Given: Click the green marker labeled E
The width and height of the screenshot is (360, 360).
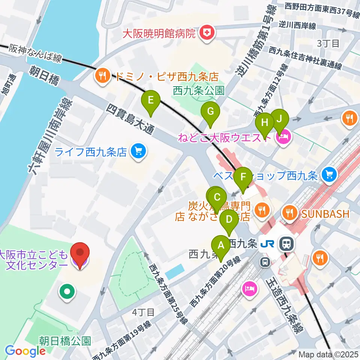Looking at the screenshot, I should pos(150,100).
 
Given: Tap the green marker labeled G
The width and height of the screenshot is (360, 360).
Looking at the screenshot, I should pos(210,111).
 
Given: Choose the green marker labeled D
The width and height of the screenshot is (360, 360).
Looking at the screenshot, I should pos(229,219).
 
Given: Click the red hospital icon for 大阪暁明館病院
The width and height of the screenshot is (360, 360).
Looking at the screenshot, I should pos(206,33).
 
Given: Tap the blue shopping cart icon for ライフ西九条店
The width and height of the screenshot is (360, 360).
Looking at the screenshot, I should pos(138,152).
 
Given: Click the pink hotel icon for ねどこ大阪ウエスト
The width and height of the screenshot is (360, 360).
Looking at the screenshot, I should pos(283,138).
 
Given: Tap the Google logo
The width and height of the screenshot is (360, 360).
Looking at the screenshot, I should pos(25,351).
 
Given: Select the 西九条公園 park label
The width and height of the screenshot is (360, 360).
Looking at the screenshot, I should pos(198,90).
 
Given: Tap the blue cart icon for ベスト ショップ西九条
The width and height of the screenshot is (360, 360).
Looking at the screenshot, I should pos(330,174).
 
